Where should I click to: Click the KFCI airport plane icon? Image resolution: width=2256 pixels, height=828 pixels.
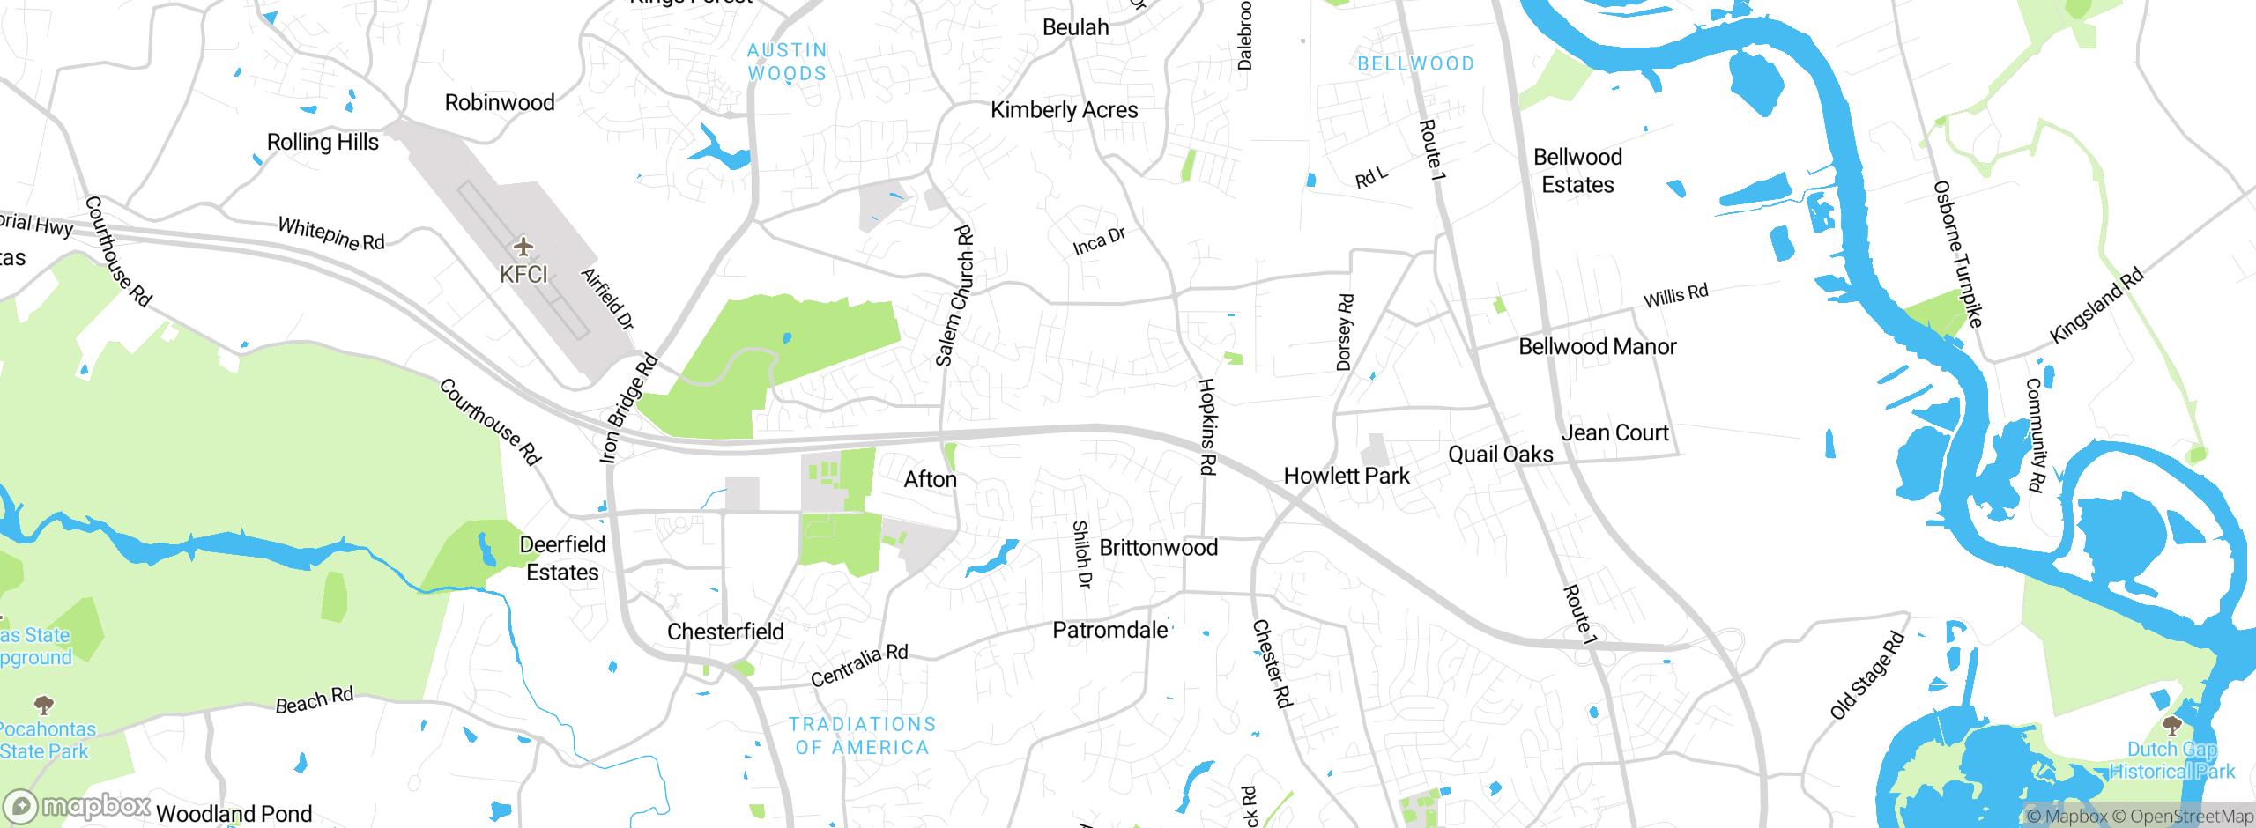coord(523,246)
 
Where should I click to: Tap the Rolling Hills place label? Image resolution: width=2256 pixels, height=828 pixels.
coord(323,143)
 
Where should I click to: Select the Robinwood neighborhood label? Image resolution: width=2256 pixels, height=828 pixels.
coord(500,103)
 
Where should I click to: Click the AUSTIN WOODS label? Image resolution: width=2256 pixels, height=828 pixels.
coord(787,63)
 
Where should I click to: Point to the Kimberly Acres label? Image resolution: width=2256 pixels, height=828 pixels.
coord(1064,110)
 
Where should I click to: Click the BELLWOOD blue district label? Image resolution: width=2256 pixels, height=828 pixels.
coord(1415,64)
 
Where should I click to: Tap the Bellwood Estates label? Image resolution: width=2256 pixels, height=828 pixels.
coord(1577,171)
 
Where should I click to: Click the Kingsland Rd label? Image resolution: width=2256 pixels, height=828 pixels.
coord(2096,306)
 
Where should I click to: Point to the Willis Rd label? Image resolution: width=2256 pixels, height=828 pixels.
coord(1675,296)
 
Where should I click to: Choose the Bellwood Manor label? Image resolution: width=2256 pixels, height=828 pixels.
coord(1597,347)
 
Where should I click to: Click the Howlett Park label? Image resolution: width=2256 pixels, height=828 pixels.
coord(1346,477)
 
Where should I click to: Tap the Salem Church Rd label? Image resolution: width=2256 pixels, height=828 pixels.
coord(954,296)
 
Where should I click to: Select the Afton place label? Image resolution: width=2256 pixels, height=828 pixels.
coord(930,480)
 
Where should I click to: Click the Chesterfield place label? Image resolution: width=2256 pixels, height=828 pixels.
coord(725,632)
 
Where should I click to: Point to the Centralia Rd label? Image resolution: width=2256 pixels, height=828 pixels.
coord(859,666)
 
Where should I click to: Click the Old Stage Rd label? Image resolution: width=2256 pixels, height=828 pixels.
coord(1866,676)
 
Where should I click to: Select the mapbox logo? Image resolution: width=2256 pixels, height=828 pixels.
coord(78,806)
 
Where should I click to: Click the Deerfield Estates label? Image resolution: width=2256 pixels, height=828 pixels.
coord(562,558)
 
